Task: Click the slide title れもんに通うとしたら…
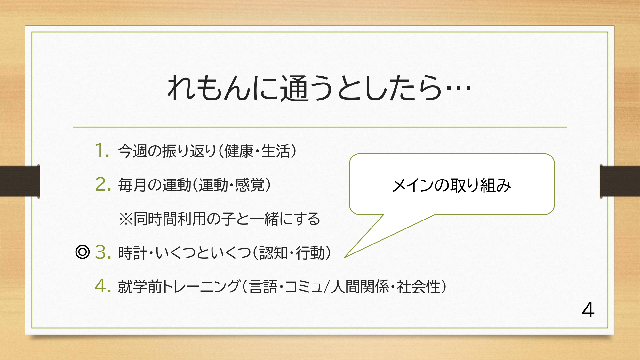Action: click(x=319, y=88)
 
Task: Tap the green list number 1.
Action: click(x=102, y=150)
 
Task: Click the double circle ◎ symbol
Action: click(x=83, y=252)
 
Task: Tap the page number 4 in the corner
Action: click(x=588, y=310)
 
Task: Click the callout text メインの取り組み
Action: click(x=452, y=185)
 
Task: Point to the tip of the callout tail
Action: click(x=344, y=257)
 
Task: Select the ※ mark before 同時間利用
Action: click(x=125, y=219)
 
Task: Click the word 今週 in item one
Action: click(x=133, y=151)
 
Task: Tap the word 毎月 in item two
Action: click(x=133, y=185)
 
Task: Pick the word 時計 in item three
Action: click(x=133, y=253)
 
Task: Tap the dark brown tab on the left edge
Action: click(x=20, y=181)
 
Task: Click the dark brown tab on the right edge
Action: click(x=620, y=181)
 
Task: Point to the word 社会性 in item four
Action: click(x=419, y=287)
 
